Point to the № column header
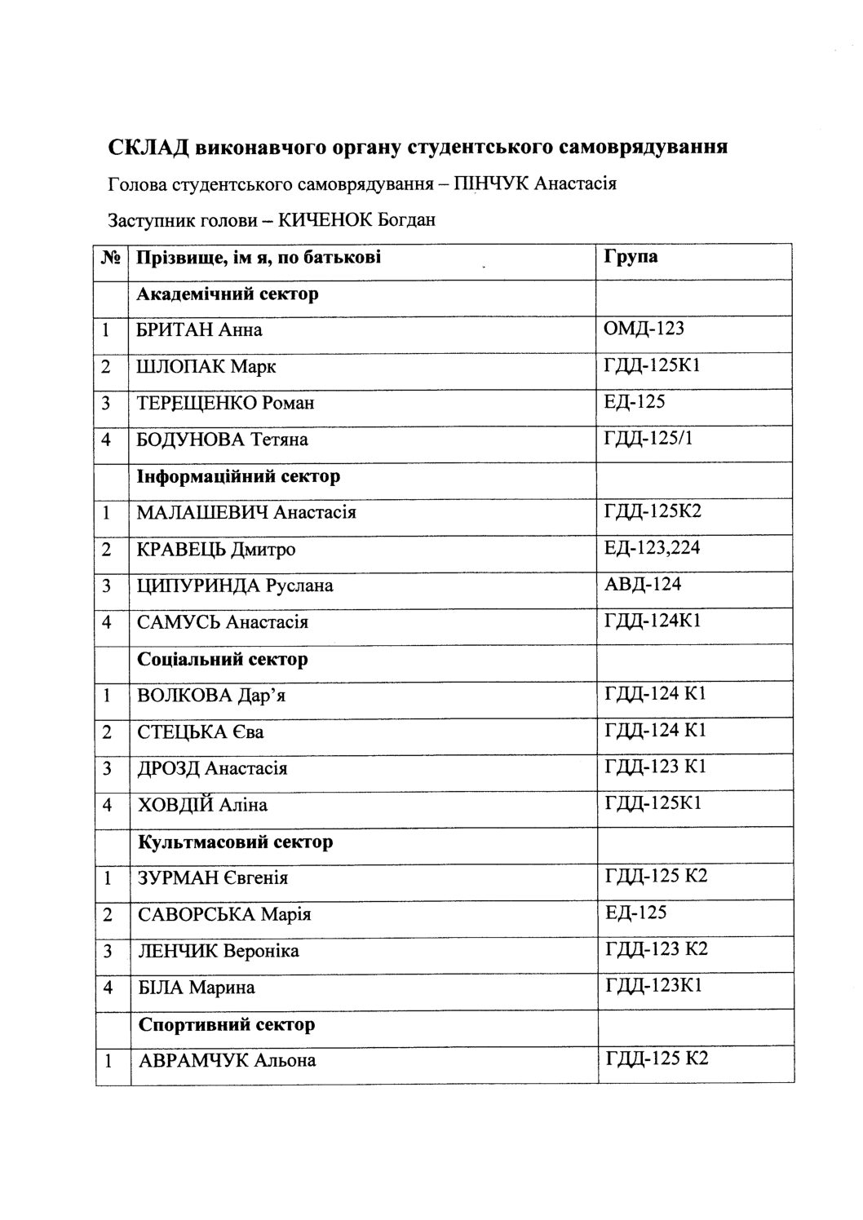click(x=112, y=259)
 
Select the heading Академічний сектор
click(x=228, y=294)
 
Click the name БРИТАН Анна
click(x=200, y=330)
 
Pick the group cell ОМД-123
click(x=644, y=329)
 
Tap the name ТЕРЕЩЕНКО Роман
click(x=226, y=403)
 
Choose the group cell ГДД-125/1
click(x=648, y=439)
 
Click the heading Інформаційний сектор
click(x=238, y=475)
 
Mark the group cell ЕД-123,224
click(x=652, y=548)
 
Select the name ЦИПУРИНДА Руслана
click(x=235, y=586)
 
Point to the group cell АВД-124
click(x=642, y=584)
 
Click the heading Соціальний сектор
click(x=223, y=658)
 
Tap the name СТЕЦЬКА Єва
click(x=201, y=732)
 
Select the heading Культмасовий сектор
click(x=235, y=841)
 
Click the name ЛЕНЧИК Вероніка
click(x=218, y=951)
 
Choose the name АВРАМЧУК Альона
click(x=227, y=1060)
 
